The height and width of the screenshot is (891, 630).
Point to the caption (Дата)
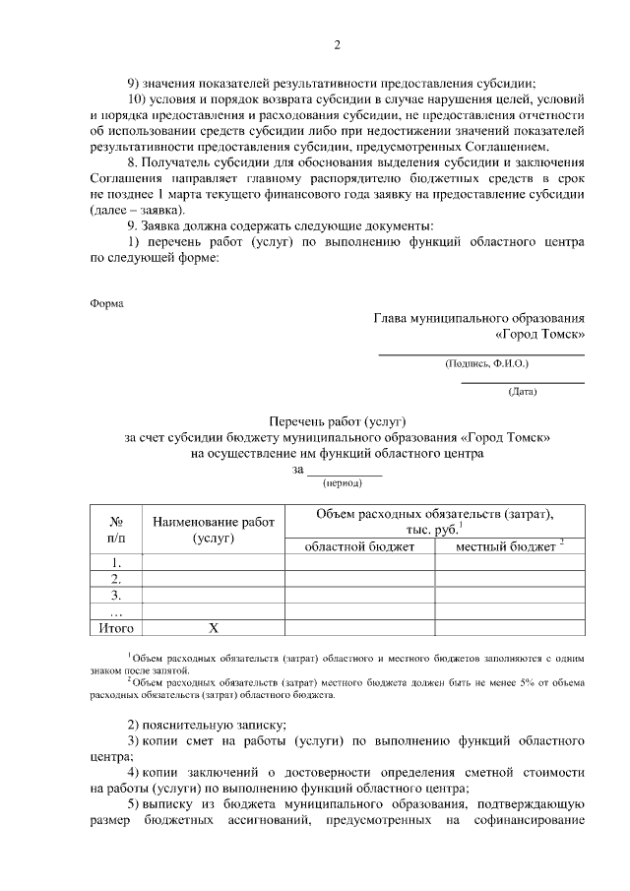tap(522, 392)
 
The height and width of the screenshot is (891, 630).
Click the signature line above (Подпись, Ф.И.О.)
tap(482, 353)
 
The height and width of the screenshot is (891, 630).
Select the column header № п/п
tap(116, 530)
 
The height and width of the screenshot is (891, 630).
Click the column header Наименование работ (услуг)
tap(213, 530)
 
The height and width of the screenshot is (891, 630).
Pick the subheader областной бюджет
tap(359, 546)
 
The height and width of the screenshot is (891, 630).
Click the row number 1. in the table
tap(116, 563)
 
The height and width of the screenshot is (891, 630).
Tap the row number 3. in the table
tap(116, 595)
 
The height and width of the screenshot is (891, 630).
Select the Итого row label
tap(116, 627)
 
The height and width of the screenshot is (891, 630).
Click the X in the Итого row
tap(213, 627)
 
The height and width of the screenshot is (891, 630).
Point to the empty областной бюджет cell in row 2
tap(359, 579)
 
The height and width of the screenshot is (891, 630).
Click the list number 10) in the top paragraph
tap(141, 99)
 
